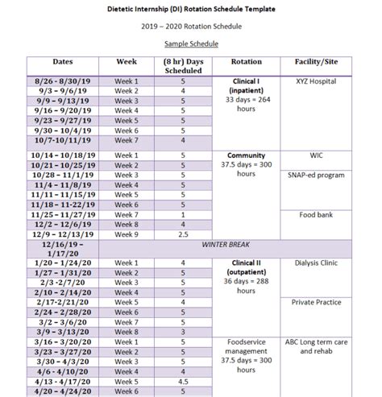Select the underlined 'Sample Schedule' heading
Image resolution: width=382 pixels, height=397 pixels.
pyautogui.click(x=191, y=42)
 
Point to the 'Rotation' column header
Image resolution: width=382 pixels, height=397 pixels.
pyautogui.click(x=247, y=61)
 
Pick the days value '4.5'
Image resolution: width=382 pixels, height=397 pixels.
pyautogui.click(x=184, y=381)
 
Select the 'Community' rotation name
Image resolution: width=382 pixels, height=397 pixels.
pyautogui.click(x=247, y=154)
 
